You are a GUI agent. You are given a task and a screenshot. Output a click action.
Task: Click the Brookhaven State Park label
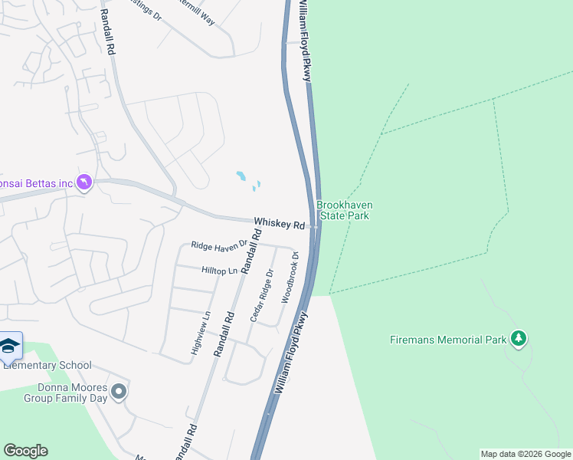pyautogui.click(x=342, y=210)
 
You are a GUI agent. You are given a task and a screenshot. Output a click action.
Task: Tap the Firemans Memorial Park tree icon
pyautogui.click(x=519, y=338)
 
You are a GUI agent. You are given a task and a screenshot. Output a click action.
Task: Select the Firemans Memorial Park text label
pyautogui.click(x=446, y=340)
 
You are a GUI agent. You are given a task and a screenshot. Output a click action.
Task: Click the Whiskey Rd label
pyautogui.click(x=279, y=223)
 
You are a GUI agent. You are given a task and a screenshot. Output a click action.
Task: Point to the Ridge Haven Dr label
pyautogui.click(x=220, y=245)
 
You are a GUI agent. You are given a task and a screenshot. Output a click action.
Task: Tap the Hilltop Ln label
pyautogui.click(x=220, y=270)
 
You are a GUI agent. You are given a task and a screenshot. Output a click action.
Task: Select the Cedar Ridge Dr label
pyautogui.click(x=260, y=295)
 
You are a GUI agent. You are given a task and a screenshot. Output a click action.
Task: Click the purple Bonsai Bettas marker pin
pyautogui.click(x=84, y=182)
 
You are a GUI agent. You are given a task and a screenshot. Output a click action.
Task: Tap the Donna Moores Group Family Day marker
pyautogui.click(x=118, y=392)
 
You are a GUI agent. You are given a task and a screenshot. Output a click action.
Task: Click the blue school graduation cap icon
pyautogui.click(x=10, y=346)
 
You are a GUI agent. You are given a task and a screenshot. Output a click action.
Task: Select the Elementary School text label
pyautogui.click(x=47, y=366)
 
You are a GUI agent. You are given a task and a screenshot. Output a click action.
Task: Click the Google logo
pyautogui.click(x=25, y=451)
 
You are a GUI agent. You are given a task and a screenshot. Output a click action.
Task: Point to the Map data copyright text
pyautogui.click(x=526, y=454)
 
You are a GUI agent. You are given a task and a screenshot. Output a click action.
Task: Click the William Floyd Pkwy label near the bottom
pyautogui.click(x=291, y=353)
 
